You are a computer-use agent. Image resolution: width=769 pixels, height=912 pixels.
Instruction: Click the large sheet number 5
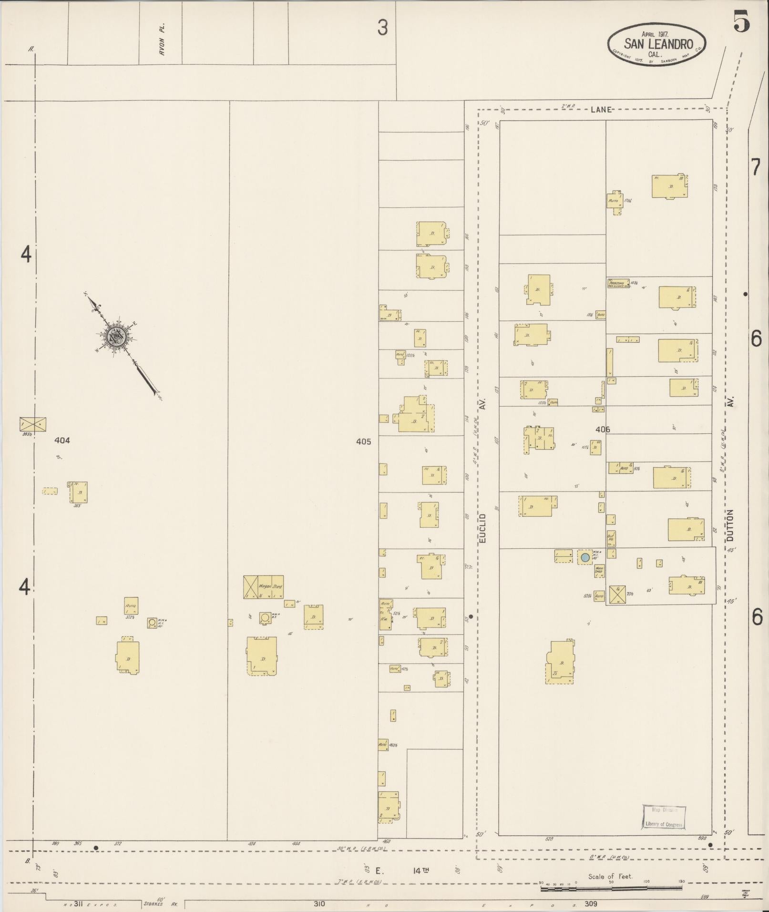coord(741,21)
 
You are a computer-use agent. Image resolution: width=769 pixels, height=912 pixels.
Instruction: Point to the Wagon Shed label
coord(270,586)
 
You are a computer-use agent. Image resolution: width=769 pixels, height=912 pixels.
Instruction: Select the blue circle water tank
coord(584,557)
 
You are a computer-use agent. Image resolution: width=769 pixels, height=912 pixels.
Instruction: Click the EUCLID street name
coord(482,528)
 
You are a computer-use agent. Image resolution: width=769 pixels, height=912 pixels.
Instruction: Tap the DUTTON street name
coord(730,525)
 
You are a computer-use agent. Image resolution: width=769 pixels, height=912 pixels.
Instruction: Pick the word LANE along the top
coord(601,110)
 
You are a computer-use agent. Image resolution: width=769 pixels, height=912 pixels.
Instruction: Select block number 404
coord(62,441)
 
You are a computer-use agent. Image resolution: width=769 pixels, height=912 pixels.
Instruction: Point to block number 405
coord(363,441)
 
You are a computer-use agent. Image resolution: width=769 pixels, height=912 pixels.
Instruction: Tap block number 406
coord(603,430)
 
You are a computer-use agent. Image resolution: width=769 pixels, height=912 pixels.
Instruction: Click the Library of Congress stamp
coord(663,817)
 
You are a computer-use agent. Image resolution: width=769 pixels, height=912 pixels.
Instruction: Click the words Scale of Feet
coord(610,876)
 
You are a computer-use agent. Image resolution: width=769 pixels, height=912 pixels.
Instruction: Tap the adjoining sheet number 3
coord(382,29)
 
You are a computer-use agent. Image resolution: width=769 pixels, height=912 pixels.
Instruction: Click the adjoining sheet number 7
coord(755,168)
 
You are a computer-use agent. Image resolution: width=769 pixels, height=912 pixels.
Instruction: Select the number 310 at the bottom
coord(319,903)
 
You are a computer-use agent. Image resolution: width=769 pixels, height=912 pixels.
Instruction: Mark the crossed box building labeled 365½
coord(33,424)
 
